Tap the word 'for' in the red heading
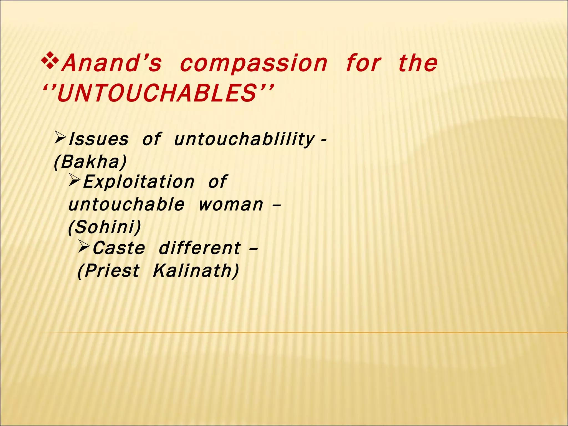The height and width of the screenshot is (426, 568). pyautogui.click(x=363, y=63)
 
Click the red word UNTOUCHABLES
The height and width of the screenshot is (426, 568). pyautogui.click(x=157, y=93)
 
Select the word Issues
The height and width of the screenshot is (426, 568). pyautogui.click(x=98, y=139)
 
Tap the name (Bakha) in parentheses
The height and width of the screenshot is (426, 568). pyautogui.click(x=90, y=162)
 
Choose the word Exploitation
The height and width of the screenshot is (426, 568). pyautogui.click(x=139, y=182)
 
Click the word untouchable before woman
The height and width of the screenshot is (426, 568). pyautogui.click(x=126, y=205)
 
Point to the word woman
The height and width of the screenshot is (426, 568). pyautogui.click(x=231, y=205)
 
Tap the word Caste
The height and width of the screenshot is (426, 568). pyautogui.click(x=119, y=248)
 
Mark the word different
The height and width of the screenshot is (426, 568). pyautogui.click(x=200, y=248)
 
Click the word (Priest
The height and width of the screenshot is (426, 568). pyautogui.click(x=108, y=271)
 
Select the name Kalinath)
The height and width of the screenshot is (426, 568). pyautogui.click(x=196, y=271)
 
